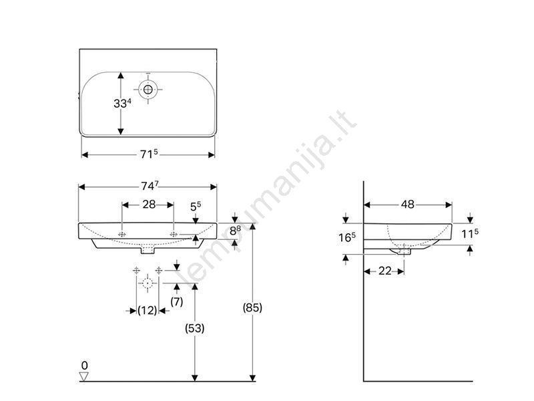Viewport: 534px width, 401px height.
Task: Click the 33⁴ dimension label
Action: (x=122, y=103)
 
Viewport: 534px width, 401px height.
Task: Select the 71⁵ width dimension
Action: (x=149, y=154)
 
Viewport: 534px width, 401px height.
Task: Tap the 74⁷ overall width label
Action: (x=150, y=186)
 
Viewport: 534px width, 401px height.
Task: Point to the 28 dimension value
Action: (x=149, y=205)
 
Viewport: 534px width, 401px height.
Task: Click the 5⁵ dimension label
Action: (x=196, y=207)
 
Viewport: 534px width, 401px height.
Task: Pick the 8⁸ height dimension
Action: (x=235, y=231)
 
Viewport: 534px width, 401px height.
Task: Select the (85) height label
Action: (x=252, y=307)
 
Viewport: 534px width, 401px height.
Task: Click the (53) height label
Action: (x=195, y=328)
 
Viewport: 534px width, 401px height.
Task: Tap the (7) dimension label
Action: (x=176, y=301)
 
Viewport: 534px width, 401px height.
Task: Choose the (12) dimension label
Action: (x=147, y=310)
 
